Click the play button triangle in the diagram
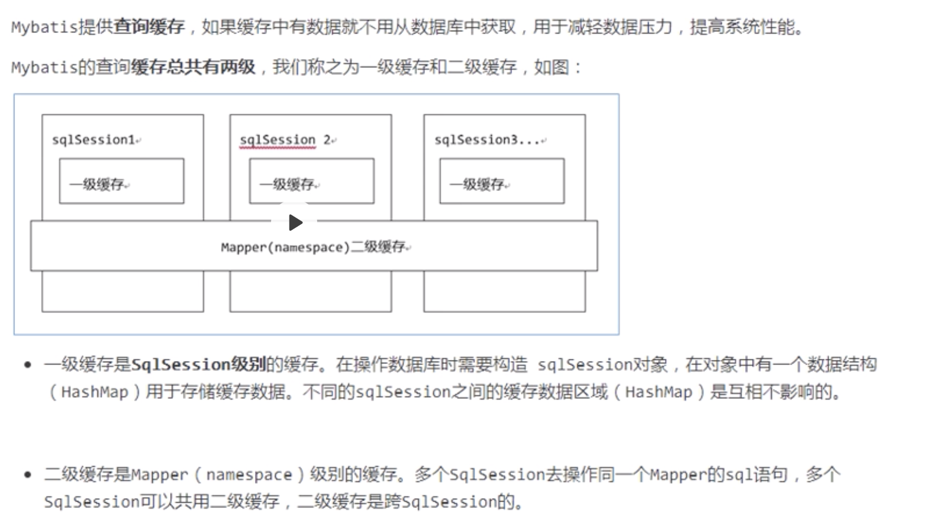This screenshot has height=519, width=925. click(295, 222)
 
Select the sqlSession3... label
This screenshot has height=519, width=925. click(488, 140)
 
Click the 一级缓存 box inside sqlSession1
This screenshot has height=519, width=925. click(121, 181)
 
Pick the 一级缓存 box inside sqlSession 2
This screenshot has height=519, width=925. click(311, 181)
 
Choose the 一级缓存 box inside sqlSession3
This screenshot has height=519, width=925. click(502, 181)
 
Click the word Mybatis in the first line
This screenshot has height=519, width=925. click(44, 27)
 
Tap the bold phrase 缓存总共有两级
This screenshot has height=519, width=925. click(193, 67)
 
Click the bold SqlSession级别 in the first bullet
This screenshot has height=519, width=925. click(198, 364)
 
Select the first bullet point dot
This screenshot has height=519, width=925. click(27, 364)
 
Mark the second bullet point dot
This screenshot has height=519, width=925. click(27, 475)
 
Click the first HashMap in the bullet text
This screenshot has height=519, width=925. click(95, 392)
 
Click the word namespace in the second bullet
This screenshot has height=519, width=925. click(249, 475)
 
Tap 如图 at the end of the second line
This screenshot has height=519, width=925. click(551, 67)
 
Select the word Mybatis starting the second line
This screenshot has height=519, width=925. click(44, 67)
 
